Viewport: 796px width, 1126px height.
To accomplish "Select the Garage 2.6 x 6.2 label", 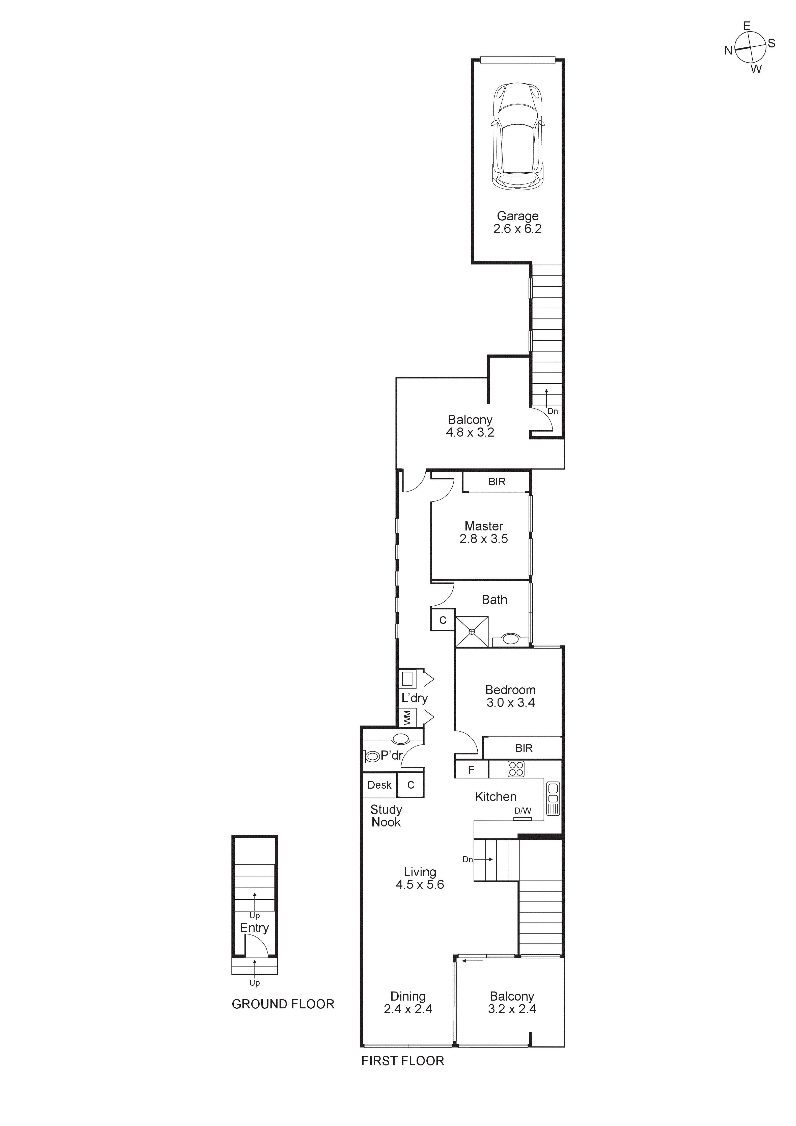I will pyautogui.click(x=517, y=222).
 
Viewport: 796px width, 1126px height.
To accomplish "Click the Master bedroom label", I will pyautogui.click(x=484, y=532).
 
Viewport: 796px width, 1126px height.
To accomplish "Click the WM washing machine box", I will pyautogui.click(x=407, y=718).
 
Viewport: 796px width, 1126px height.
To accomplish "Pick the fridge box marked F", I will pyautogui.click(x=471, y=770).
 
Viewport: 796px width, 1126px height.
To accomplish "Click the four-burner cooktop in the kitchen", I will pyautogui.click(x=516, y=769).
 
